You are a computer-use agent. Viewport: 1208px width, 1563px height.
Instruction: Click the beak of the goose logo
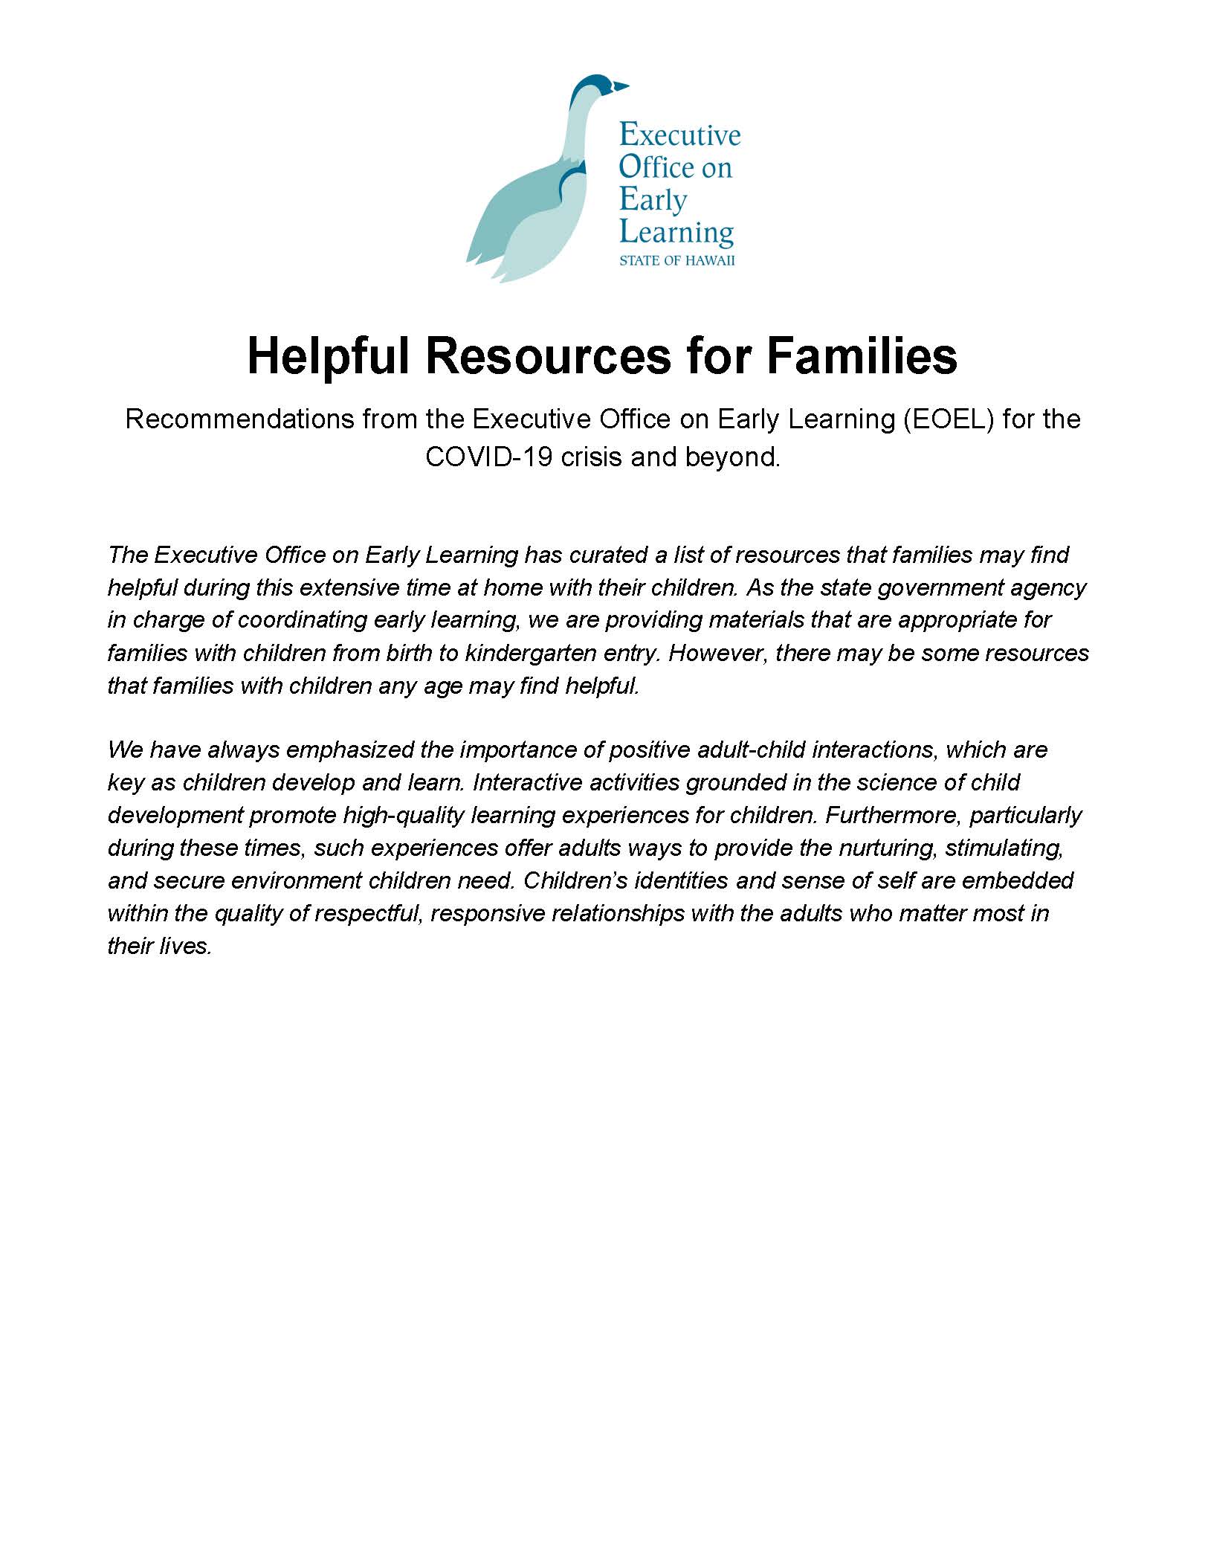coord(621,87)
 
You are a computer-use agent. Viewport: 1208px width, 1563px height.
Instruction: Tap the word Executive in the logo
coord(679,135)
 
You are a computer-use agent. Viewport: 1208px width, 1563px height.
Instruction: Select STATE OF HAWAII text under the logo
coord(676,261)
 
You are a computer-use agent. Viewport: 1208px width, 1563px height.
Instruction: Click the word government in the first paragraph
coord(941,587)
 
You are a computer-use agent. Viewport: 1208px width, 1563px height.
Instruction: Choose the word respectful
coord(369,913)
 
